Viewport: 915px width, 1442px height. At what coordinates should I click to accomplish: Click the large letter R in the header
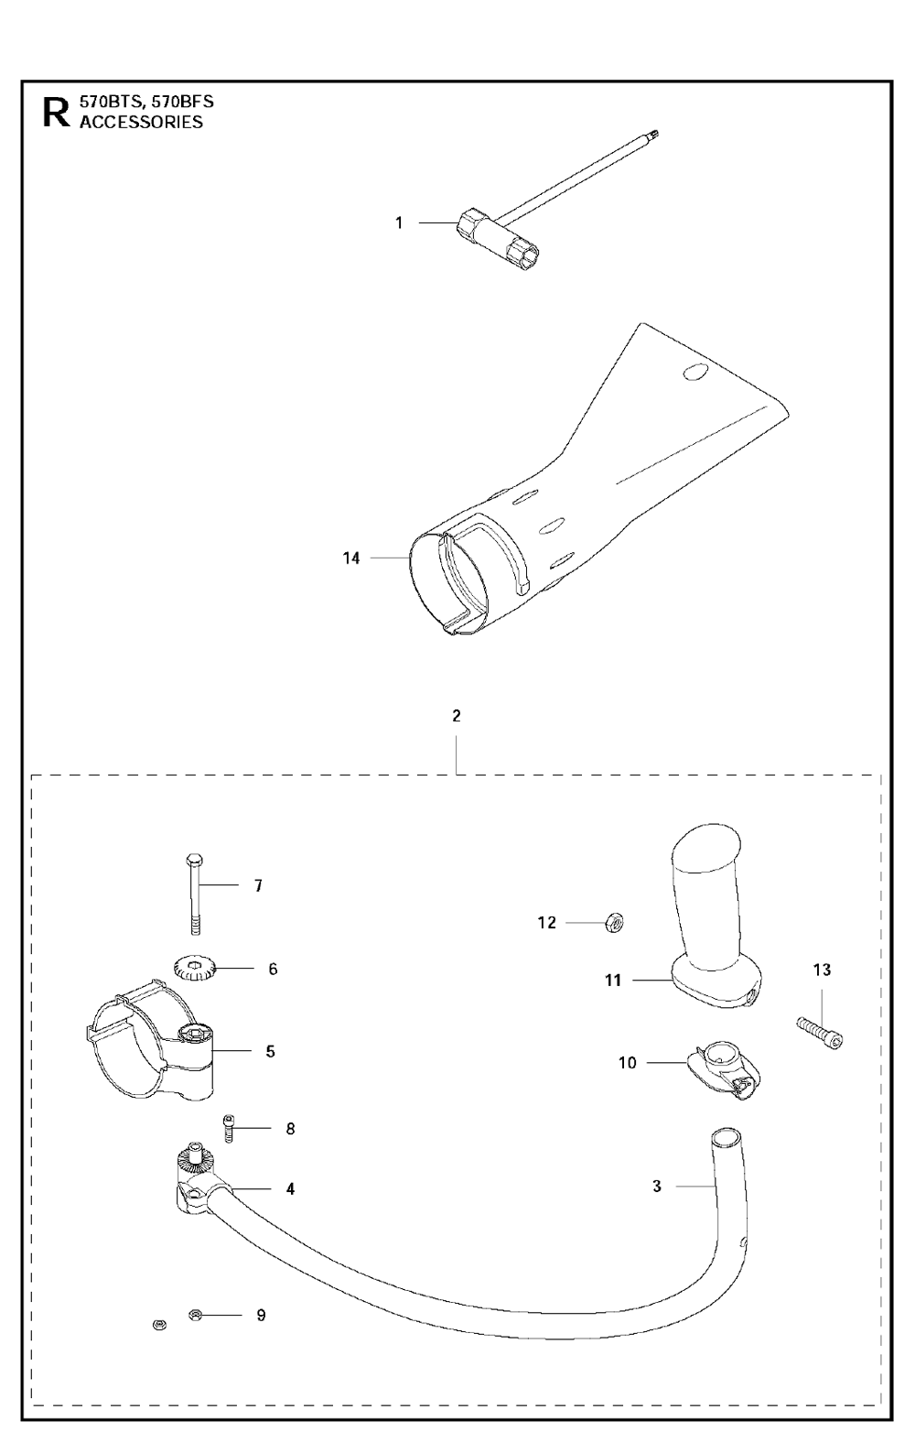point(55,113)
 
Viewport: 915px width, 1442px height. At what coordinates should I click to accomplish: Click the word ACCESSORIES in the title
point(141,123)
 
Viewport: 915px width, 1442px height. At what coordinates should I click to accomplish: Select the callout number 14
point(351,558)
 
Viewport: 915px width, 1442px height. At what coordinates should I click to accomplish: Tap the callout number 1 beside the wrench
point(399,222)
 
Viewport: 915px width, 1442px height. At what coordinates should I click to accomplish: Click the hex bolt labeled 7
point(194,893)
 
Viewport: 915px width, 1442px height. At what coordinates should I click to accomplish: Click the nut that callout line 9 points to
point(194,1315)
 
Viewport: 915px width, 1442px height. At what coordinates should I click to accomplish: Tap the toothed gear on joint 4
point(194,1164)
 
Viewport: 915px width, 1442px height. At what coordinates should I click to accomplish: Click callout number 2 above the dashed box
point(456,716)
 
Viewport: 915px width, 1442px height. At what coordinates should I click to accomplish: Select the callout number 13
point(822,970)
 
